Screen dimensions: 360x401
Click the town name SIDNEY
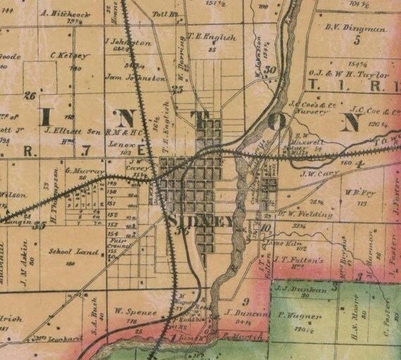[201, 221]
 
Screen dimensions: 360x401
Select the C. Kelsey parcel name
[70, 55]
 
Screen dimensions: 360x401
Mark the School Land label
[65, 251]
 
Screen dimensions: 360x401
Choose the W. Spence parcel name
[129, 309]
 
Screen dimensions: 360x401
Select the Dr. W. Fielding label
[304, 213]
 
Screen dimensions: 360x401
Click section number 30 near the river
[269, 69]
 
